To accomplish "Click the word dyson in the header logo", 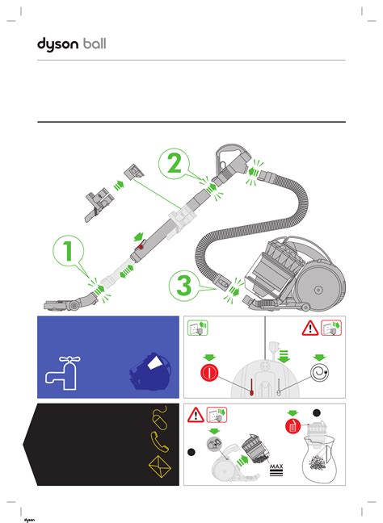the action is [57, 44].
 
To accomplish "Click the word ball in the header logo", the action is [95, 44].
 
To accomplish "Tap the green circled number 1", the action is [68, 250].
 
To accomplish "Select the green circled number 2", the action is [174, 163].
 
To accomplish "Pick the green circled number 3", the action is [184, 286].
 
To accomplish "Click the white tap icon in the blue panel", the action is [63, 373].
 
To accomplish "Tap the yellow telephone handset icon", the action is [160, 441].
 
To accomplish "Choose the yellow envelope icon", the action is [160, 467].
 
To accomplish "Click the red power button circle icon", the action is [209, 373].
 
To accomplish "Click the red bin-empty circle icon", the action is [293, 427].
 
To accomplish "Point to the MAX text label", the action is [276, 467].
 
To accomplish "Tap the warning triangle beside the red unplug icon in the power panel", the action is [310, 328].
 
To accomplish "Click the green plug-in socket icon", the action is [197, 328].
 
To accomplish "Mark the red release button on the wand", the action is [141, 247].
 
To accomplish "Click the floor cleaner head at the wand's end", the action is [70, 303].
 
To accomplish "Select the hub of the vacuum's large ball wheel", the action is [318, 290].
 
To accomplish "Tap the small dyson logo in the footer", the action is [29, 520].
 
